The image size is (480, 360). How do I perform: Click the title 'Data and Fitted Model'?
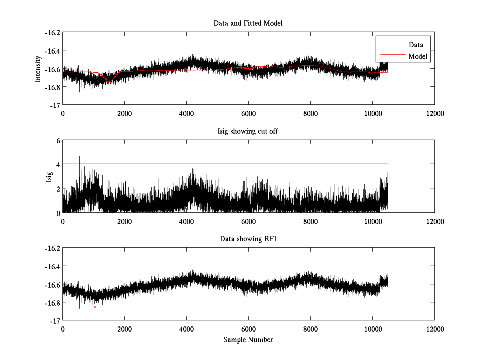tap(248, 23)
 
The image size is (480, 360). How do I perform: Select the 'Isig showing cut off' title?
tap(248, 131)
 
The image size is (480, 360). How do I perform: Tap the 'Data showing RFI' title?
tap(248, 239)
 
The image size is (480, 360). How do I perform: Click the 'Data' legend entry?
tap(416, 45)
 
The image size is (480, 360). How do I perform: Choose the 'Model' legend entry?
tap(418, 56)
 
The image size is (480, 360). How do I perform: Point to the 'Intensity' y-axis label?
tap(38, 68)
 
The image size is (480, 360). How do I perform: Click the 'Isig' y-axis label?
tap(49, 176)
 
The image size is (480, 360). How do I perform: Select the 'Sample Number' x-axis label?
tap(248, 340)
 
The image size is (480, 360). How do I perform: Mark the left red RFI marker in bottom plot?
tap(79, 308)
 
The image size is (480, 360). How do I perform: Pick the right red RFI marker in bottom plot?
tap(95, 307)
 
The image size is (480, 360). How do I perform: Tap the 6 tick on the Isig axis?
tap(58, 140)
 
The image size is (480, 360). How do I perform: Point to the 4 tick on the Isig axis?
tap(58, 164)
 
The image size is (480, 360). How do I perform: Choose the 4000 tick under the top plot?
tap(186, 113)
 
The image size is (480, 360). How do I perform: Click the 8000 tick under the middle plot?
tap(310, 221)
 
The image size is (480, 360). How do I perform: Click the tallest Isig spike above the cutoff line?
tap(79, 157)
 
